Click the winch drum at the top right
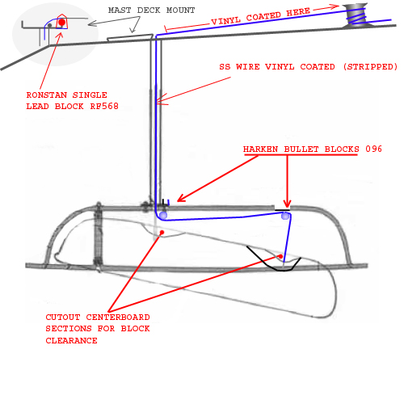(x=356, y=15)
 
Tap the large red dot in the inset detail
(x=62, y=23)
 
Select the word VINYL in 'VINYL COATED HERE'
(x=225, y=20)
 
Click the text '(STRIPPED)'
(x=370, y=66)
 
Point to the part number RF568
(x=104, y=106)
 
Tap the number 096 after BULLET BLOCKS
(x=373, y=149)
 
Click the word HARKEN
(x=260, y=149)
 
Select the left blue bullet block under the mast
(x=163, y=215)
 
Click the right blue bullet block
(x=285, y=216)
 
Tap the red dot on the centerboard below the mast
(x=162, y=232)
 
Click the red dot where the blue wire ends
(x=280, y=256)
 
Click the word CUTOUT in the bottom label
(x=63, y=317)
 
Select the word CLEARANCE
(x=71, y=340)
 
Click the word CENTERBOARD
(x=118, y=317)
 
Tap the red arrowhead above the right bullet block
(x=288, y=204)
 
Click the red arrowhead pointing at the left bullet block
(x=181, y=198)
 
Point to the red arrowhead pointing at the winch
(x=335, y=6)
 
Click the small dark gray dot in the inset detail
(x=49, y=26)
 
